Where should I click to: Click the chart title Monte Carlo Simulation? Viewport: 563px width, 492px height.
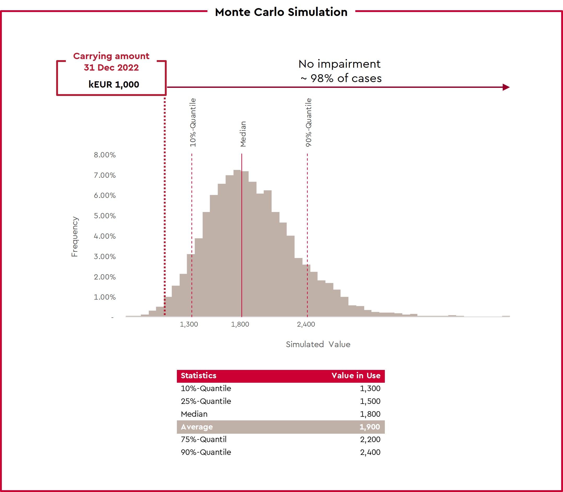pos(281,12)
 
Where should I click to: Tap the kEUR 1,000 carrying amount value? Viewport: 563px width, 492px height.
pos(114,84)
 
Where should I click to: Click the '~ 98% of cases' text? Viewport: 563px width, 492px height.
pos(341,78)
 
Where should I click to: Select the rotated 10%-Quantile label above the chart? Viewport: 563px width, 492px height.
pos(193,122)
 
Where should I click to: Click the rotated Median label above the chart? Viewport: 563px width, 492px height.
pos(243,134)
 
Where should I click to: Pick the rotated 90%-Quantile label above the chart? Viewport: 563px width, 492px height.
pos(309,122)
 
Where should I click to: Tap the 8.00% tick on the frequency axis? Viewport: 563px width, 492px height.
pos(105,155)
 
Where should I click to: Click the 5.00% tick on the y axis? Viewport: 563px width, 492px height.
pos(105,216)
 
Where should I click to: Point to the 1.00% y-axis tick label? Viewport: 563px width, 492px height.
pos(105,297)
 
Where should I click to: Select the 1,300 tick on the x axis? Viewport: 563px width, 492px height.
pos(189,324)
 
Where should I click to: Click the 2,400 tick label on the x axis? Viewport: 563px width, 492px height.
pos(306,324)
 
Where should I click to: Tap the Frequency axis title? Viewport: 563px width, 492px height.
pos(74,236)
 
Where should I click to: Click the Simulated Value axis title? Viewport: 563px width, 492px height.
pos(318,344)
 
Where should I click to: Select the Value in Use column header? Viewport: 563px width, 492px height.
pos(356,376)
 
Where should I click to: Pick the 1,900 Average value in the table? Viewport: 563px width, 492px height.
pos(370,427)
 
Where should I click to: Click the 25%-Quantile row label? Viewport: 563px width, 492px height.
pos(206,401)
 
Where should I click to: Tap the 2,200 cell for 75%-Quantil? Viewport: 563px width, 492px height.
pos(370,439)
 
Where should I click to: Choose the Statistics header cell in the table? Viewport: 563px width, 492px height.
pos(198,376)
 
